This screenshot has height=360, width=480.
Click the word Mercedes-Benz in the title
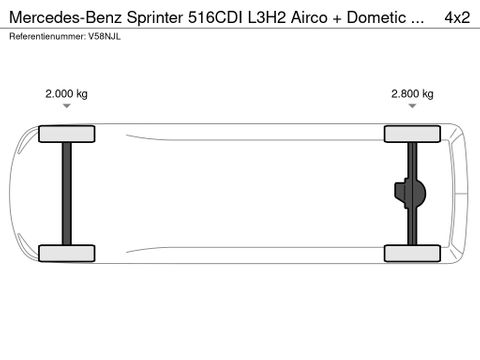[56, 16]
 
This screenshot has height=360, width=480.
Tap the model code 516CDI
[207, 16]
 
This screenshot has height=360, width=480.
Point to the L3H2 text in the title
[261, 16]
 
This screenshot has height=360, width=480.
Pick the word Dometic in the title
[373, 16]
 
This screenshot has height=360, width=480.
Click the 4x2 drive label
[456, 16]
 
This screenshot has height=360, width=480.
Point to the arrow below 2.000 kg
[66, 106]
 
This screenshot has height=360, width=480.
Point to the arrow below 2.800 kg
[411, 106]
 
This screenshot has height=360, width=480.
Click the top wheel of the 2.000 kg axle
[66, 134]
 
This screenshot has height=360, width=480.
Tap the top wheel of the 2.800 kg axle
[411, 134]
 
